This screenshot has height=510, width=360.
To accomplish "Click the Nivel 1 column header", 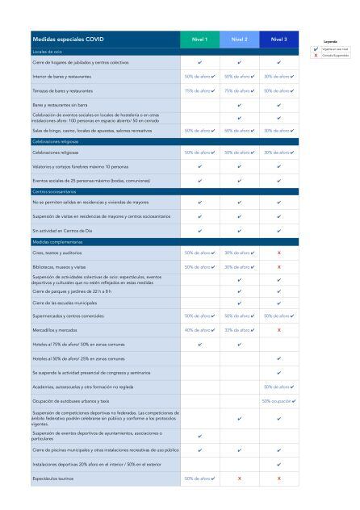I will point(199,39).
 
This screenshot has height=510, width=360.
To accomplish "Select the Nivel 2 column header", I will point(239,39).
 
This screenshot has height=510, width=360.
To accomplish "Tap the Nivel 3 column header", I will point(278,39).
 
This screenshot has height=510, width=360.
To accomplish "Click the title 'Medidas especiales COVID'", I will point(69,39).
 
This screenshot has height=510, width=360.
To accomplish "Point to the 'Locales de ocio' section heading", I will point(48,51).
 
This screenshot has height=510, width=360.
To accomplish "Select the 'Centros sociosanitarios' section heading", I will point(58,191).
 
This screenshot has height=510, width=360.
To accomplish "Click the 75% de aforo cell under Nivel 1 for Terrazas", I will point(199,91).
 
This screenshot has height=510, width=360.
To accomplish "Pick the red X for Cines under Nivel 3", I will point(278,253).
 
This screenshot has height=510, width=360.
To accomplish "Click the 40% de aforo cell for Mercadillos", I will point(199,329).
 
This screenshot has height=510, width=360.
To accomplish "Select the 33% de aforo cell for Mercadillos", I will point(239,329).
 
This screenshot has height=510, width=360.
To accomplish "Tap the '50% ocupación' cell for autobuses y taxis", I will point(278,400).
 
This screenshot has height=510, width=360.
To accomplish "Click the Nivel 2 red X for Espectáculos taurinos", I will point(239,479).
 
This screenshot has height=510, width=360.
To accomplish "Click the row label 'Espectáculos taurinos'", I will point(56,479).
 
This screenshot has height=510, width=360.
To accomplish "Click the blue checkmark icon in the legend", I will point(315,49).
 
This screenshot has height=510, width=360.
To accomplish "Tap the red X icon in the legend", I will point(315,55).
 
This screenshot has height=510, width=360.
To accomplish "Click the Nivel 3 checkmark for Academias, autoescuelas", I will point(278,387).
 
